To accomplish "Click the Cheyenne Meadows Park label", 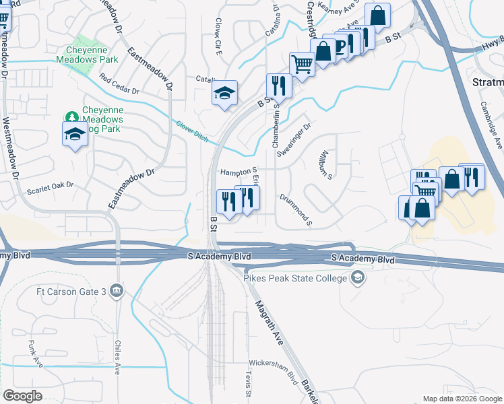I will [x=92, y=55].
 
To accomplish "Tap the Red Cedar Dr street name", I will [x=119, y=84].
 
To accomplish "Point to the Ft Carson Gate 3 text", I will [x=71, y=291].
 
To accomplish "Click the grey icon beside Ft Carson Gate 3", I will [x=117, y=291].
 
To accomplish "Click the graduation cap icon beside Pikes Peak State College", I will [x=358, y=277].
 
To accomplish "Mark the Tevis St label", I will [x=248, y=384].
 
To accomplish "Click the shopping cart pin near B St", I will [x=302, y=65].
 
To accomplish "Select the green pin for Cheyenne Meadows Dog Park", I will [x=70, y=118].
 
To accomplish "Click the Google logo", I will [x=22, y=396].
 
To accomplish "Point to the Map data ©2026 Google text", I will [x=462, y=399].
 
